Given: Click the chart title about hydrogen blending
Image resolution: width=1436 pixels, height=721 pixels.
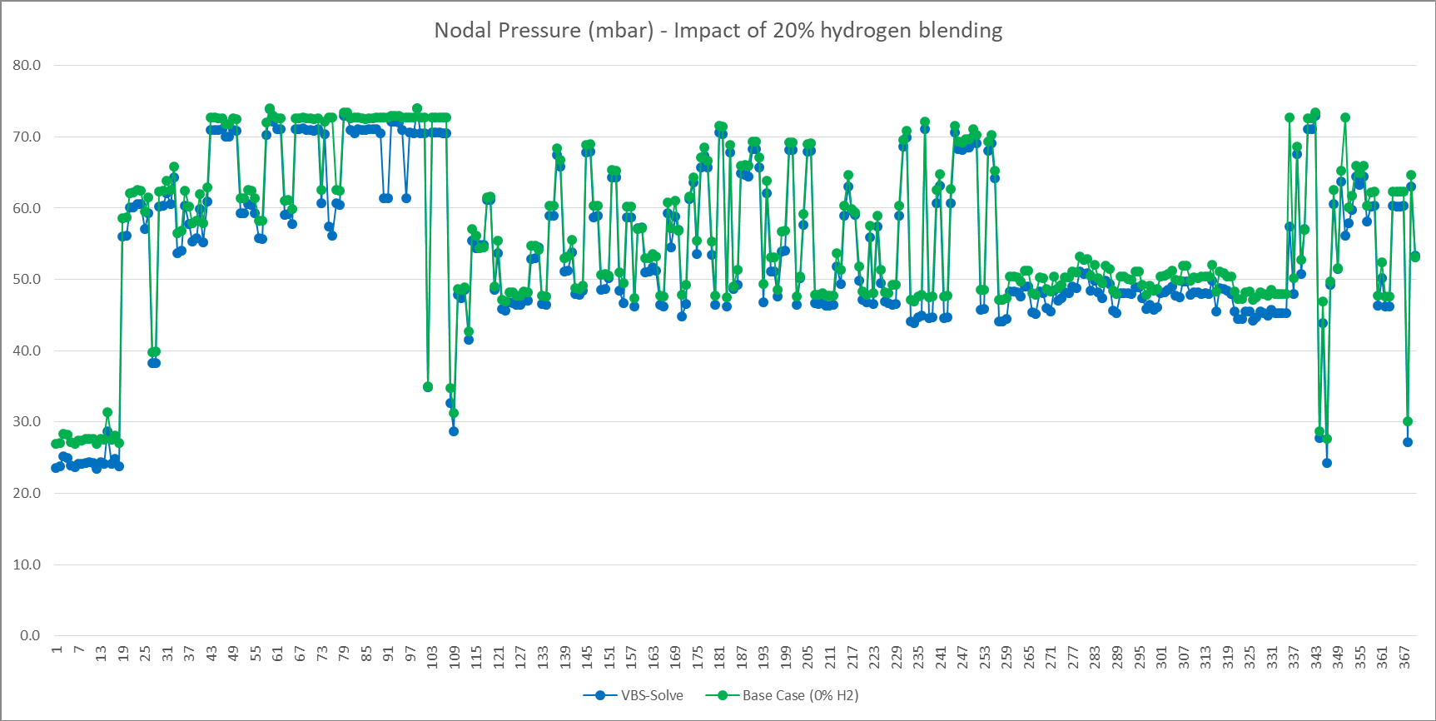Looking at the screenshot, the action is (x=718, y=31).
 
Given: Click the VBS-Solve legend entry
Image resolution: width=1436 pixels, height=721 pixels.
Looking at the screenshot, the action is (x=634, y=695).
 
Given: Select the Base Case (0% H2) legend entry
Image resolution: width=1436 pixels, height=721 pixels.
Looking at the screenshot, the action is (x=782, y=695).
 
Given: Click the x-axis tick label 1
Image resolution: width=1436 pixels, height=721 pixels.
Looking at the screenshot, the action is (x=57, y=649).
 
